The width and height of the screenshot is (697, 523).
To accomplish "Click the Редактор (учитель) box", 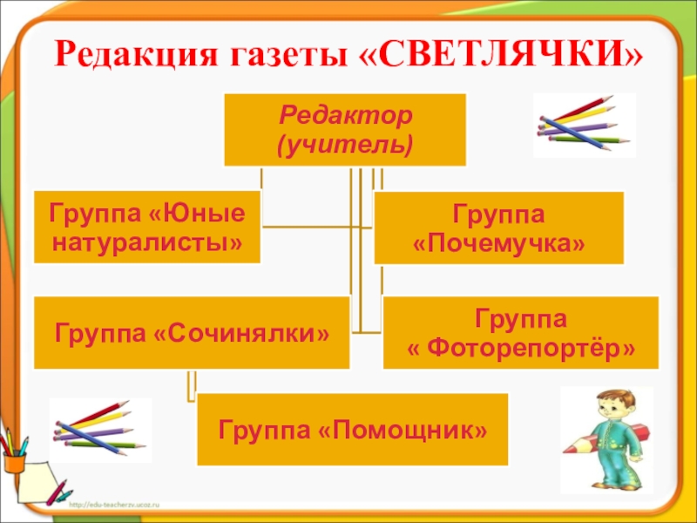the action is tap(344, 129).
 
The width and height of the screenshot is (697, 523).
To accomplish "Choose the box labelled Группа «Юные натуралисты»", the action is tap(147, 227).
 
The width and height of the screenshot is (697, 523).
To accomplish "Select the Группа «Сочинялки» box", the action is tap(192, 332).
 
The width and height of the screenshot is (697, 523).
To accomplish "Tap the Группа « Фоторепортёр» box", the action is tap(521, 332).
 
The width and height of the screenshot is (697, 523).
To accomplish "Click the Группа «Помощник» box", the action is tap(352, 429).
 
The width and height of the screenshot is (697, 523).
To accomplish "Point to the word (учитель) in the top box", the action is tap(344, 142).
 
